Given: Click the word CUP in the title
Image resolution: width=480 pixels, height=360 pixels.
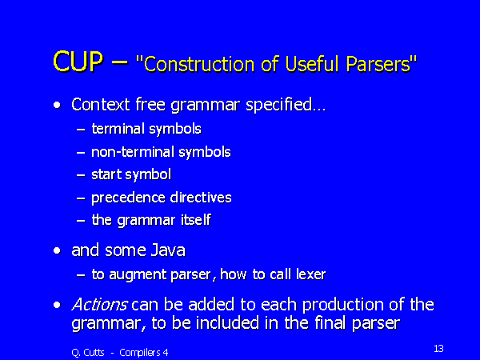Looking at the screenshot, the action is point(78,62).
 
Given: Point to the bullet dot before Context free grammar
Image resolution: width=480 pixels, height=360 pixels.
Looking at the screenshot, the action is point(57,106).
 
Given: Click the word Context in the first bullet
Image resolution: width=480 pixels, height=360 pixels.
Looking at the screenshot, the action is point(101,104).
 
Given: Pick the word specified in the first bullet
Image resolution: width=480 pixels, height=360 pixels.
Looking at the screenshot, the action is point(286,106).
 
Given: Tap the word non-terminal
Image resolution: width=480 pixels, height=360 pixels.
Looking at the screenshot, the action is point(133,151).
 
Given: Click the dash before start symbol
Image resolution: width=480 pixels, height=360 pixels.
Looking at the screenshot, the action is point(81,175).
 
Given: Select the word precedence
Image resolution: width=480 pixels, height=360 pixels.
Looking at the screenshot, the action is point(128,198).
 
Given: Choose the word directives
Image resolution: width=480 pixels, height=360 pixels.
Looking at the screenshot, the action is point(201,197).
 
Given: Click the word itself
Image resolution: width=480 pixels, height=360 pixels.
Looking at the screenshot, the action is point(196,219).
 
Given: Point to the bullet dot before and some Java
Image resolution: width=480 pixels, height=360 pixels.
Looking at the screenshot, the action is point(57,251).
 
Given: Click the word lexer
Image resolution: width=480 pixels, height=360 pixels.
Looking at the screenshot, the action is point(310,274).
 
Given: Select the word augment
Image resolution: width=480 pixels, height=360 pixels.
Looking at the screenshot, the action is point(138,275).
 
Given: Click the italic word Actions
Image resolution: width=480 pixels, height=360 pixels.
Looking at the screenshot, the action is point(99,304).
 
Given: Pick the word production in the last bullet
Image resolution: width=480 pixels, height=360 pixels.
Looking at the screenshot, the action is point(343,306).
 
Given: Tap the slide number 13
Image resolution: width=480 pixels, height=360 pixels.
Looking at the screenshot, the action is point(438,348).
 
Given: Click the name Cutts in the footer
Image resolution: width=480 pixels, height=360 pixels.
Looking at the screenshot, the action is point(94,352).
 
